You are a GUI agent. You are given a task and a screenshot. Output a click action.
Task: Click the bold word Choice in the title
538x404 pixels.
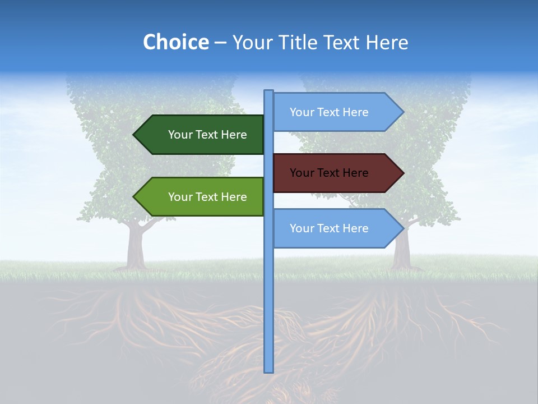click(175, 42)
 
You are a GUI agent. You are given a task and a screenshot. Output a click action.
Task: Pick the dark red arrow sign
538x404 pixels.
click(336, 173)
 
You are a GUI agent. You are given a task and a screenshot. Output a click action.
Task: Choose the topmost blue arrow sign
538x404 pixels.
click(336, 112)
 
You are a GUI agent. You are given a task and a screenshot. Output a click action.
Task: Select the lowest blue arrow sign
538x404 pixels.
click(336, 228)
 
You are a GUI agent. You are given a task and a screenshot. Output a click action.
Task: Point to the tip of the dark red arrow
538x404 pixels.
click(402, 173)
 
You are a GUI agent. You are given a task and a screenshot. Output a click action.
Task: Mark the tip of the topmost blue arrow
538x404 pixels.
click(402, 112)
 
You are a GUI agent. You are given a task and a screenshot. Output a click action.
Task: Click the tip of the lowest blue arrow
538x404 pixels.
click(402, 228)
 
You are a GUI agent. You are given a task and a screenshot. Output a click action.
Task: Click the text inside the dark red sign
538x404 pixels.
click(329, 173)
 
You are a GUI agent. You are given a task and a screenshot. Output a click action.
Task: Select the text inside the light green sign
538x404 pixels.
click(207, 197)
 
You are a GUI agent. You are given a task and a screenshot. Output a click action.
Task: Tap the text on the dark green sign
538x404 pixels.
click(207, 135)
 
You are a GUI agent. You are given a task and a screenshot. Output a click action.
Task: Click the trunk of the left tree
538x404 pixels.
click(135, 247)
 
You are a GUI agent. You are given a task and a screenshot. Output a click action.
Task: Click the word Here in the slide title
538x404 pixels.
click(387, 43)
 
